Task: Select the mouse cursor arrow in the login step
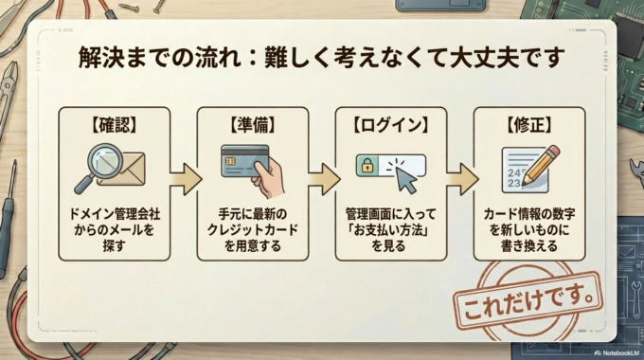pyautogui.click(x=406, y=176)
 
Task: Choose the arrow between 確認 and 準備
pyautogui.click(x=187, y=178)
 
